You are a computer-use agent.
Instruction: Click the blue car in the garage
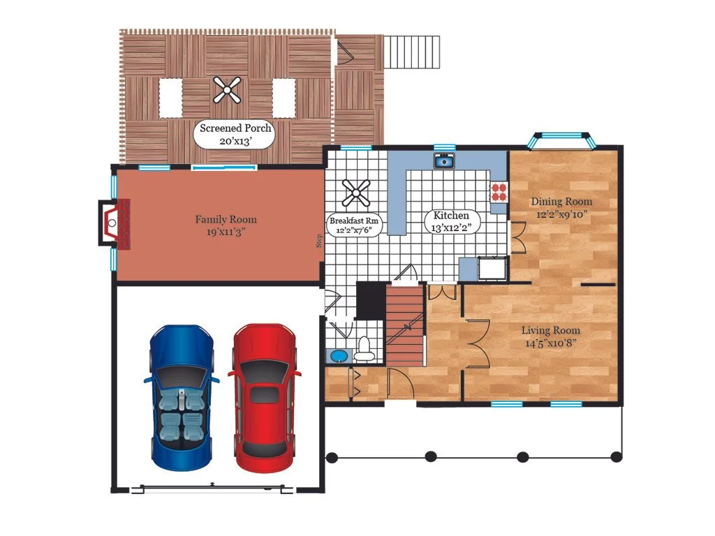(182, 397)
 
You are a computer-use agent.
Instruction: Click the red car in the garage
(265, 397)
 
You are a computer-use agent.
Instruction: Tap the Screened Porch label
(235, 135)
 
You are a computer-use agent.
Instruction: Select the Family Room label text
(226, 225)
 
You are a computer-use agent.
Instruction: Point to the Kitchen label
(451, 221)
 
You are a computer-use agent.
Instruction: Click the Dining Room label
(561, 208)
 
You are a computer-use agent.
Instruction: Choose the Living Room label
(551, 336)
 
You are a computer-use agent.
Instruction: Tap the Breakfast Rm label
(354, 225)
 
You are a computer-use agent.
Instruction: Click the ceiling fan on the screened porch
(227, 90)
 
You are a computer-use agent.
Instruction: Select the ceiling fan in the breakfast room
(355, 193)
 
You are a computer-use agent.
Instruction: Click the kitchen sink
(443, 161)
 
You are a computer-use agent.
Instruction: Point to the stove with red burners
(499, 192)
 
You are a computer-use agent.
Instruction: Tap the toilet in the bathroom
(364, 350)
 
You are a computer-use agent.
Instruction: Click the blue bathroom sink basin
(339, 355)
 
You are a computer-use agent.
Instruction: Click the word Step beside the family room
(318, 241)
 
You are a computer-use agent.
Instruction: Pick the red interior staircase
(405, 325)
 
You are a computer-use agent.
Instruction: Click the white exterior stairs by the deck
(412, 52)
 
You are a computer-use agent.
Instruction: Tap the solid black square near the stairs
(371, 300)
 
